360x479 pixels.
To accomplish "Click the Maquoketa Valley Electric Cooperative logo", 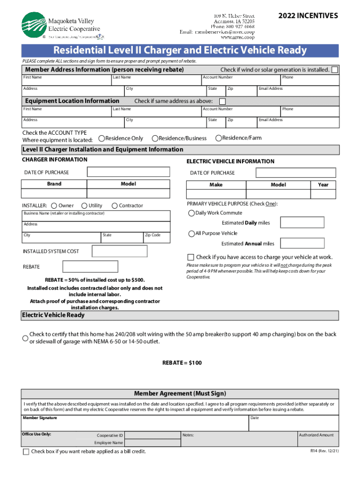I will click(x=60, y=25).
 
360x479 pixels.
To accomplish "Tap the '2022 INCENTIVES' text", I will click(x=308, y=16).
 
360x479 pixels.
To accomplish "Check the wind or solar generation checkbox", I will click(x=335, y=70).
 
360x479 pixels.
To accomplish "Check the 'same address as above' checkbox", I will click(x=223, y=102).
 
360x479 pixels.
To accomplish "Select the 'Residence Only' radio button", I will click(x=101, y=138).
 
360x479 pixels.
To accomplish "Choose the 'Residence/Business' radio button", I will click(x=155, y=138).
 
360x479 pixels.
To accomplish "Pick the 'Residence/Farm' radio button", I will click(x=218, y=138).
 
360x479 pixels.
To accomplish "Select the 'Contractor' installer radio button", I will click(x=114, y=205).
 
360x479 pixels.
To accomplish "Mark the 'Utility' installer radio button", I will click(x=84, y=205).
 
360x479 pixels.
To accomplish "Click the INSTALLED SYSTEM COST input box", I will click(x=120, y=251).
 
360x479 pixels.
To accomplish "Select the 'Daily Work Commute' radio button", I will click(x=191, y=213).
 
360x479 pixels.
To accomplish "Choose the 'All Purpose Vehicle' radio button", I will click(x=191, y=233).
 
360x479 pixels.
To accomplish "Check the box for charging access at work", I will click(x=191, y=257).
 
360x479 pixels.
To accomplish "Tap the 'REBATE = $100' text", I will click(x=182, y=363).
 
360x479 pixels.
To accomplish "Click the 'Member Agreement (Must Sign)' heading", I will click(x=180, y=393).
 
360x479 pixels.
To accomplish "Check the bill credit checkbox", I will click(x=26, y=451).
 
